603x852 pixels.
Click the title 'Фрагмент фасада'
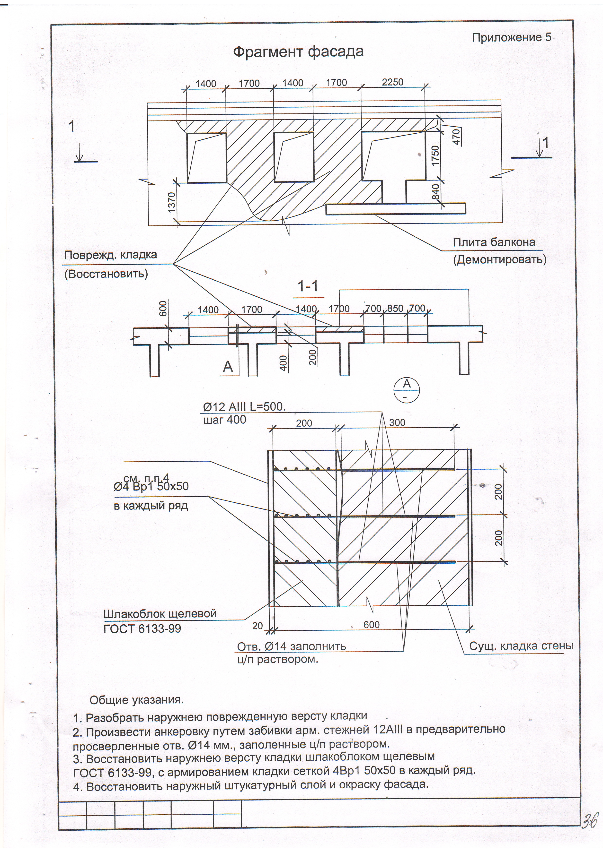pyautogui.click(x=298, y=52)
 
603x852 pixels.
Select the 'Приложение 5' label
pyautogui.click(x=511, y=37)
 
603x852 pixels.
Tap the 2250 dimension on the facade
pyautogui.click(x=392, y=82)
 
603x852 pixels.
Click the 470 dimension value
pyautogui.click(x=457, y=137)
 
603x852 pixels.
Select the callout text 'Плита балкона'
pyautogui.click(x=494, y=243)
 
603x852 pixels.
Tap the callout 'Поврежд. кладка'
pyautogui.click(x=110, y=255)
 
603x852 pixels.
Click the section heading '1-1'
pyautogui.click(x=308, y=286)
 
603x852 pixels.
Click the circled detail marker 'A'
pyautogui.click(x=407, y=390)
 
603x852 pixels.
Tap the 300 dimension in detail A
pyautogui.click(x=397, y=423)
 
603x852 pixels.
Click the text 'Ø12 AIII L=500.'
pyautogui.click(x=244, y=407)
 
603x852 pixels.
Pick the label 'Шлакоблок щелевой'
pyautogui.click(x=160, y=614)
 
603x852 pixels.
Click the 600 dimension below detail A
pyautogui.click(x=371, y=625)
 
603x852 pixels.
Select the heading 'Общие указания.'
pyautogui.click(x=137, y=701)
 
